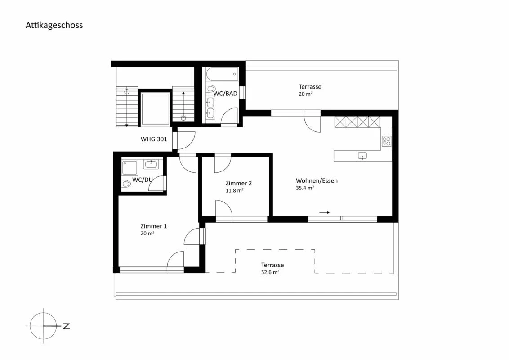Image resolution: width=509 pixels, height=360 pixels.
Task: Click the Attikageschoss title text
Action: click(54, 25)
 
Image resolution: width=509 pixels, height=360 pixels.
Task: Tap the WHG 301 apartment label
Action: click(154, 139)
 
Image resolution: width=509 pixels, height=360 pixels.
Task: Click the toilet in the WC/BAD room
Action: click(210, 89)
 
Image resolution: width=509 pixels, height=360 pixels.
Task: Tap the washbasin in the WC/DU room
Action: click(151, 164)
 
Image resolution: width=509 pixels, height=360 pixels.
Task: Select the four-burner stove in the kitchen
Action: click(386, 141)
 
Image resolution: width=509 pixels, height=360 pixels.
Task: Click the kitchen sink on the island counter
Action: click(362, 156)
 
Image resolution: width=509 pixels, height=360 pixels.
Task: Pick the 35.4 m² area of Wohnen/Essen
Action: click(304, 188)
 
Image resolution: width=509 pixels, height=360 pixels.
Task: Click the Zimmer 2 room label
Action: click(238, 183)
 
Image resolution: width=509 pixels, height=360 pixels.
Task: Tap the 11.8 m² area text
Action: click(234, 190)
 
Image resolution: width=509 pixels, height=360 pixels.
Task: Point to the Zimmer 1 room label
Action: click(153, 226)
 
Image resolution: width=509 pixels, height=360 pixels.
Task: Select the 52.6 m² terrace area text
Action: click(270, 272)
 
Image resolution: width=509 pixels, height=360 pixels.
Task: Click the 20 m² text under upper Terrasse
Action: click(305, 94)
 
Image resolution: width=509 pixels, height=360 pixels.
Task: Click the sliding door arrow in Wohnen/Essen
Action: click(324, 212)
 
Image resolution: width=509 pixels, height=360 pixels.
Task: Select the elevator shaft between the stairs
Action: click(155, 108)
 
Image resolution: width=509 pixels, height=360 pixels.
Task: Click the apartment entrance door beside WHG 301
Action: click(186, 140)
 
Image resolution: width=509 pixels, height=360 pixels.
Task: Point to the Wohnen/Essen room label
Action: click(317, 181)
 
